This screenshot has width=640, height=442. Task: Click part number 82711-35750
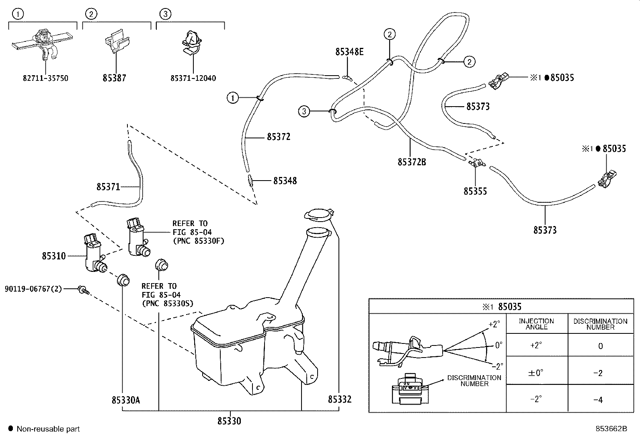(x=45, y=78)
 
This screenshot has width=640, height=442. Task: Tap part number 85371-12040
(x=193, y=78)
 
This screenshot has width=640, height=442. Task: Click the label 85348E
(x=350, y=51)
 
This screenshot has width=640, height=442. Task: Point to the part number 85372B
(x=412, y=162)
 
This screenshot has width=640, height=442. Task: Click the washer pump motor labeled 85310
(x=94, y=253)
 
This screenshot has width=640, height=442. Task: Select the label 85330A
(x=126, y=400)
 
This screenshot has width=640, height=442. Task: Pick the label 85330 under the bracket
(x=229, y=421)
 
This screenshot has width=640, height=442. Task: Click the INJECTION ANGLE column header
(x=536, y=324)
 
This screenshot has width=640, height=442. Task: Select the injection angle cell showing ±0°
(x=536, y=373)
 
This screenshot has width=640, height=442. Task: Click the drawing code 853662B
(x=611, y=429)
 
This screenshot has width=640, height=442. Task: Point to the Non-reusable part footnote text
(x=48, y=429)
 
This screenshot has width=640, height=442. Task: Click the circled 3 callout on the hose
(x=304, y=111)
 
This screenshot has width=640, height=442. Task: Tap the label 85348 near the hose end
(x=285, y=181)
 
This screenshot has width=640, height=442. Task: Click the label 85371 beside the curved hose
(x=108, y=187)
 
